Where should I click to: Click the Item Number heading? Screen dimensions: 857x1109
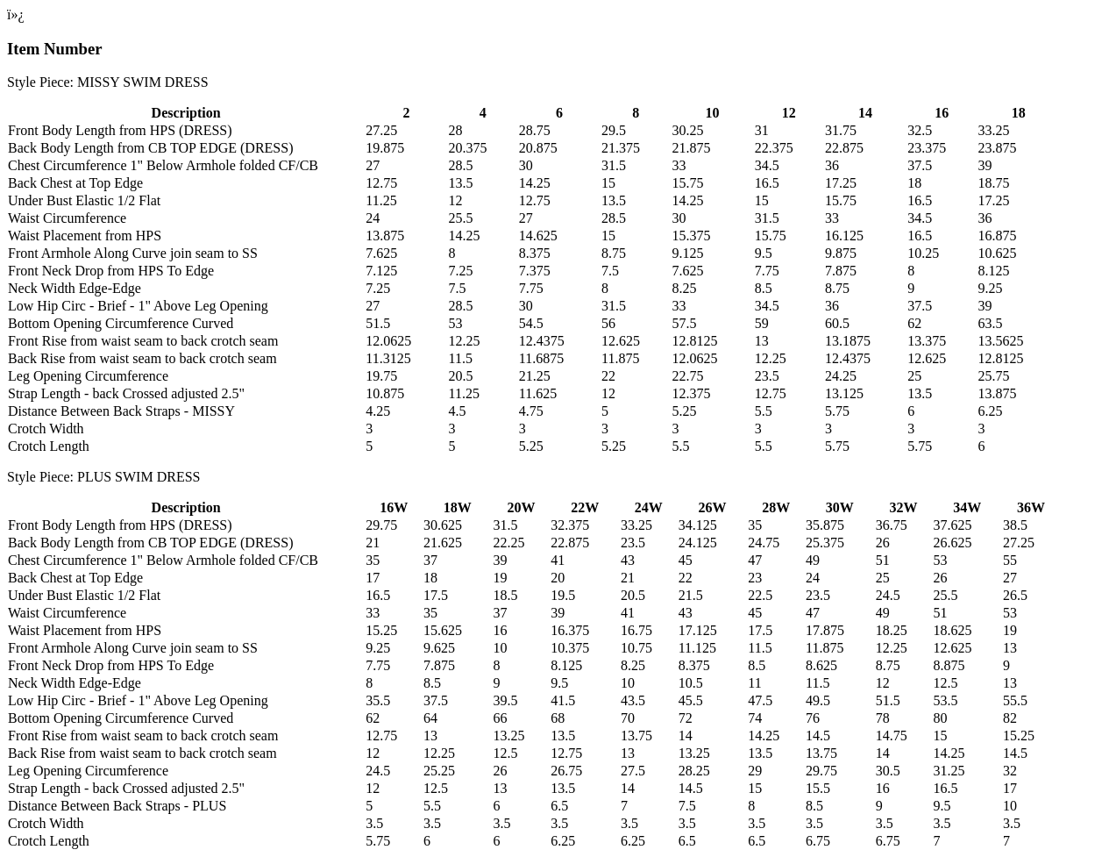coord(54,49)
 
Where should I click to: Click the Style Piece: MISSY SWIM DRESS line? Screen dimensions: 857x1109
coord(107,82)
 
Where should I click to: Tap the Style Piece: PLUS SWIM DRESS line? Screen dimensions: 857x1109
coord(103,477)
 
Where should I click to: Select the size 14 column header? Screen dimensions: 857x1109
coord(864,113)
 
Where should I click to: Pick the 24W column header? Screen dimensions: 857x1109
coord(648,508)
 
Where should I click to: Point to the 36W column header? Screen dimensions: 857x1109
coord(1030,508)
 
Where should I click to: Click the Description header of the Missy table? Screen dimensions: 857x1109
coord(185,113)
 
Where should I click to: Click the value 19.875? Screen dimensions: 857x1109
coord(385,148)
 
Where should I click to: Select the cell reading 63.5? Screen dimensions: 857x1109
coord(990,324)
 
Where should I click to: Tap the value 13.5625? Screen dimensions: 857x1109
coord(1000,341)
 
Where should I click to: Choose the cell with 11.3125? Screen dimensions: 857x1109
coord(388,359)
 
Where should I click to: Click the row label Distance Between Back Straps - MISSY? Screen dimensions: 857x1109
coord(121,411)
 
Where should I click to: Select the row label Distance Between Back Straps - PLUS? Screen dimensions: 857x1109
coord(117,806)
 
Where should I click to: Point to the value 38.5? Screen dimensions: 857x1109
coord(1014,525)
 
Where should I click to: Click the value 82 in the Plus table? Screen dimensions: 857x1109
coord(1010,718)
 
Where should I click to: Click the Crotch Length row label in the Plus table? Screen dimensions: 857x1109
coord(48,841)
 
